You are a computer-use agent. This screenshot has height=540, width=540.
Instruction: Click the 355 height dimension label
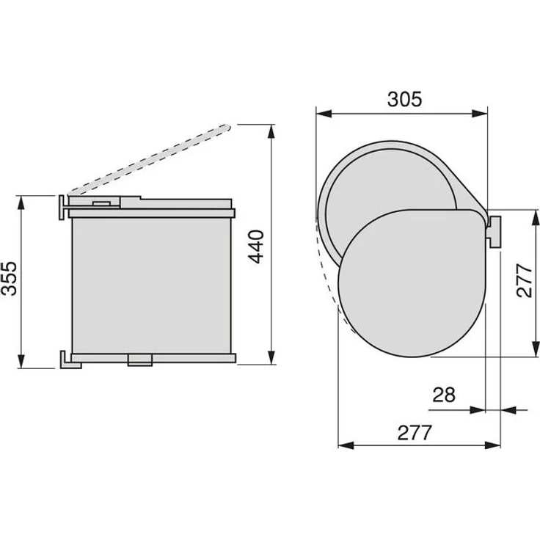pos(10,278)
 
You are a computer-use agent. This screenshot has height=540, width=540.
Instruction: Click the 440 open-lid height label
pos(256,247)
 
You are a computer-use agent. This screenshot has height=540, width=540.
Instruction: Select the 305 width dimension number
pos(404,99)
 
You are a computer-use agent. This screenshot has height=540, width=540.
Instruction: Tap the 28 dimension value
pos(444,395)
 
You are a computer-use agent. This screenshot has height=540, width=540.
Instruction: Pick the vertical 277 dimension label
pos(525,281)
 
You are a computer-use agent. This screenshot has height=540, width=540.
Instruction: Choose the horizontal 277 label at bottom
pos(415,433)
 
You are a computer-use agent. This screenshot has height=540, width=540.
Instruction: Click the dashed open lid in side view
pos(149,160)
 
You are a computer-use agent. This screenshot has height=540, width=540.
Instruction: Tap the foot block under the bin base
pos(140,360)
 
